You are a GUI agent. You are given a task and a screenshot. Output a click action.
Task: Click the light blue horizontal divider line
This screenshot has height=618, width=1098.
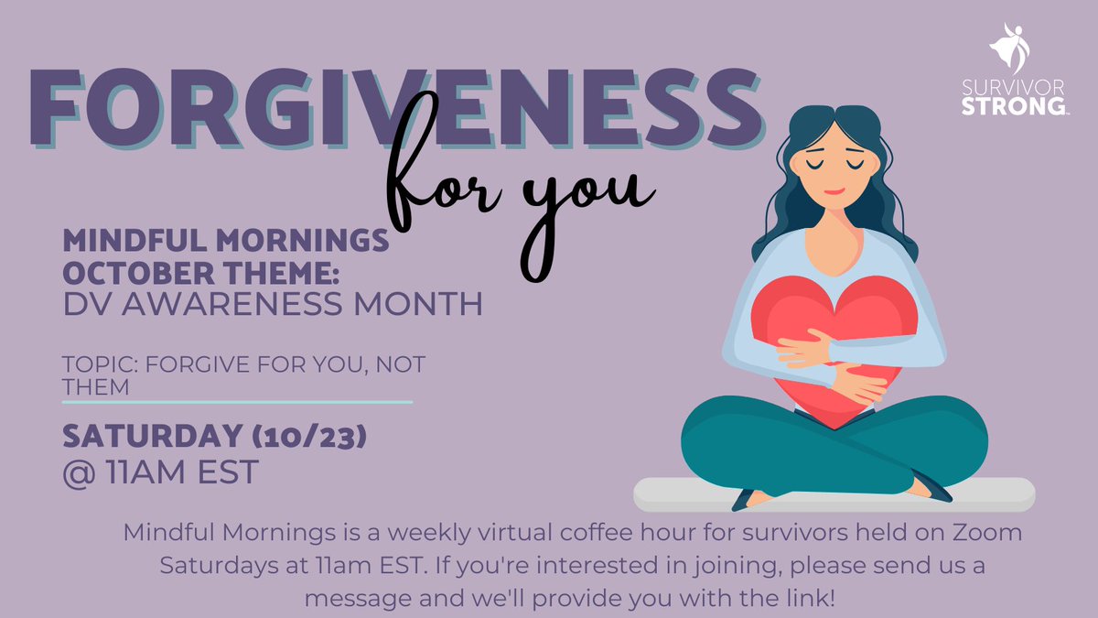[x=237, y=401]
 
